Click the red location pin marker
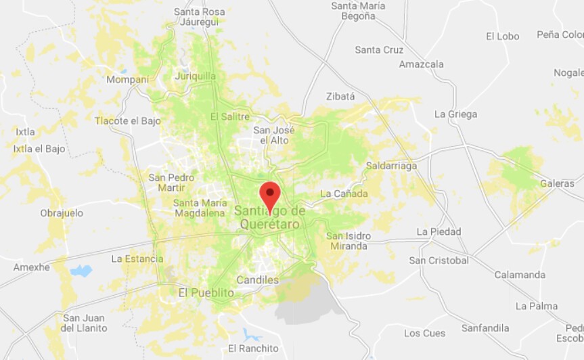(x=270, y=194)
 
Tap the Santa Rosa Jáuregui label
(x=199, y=17)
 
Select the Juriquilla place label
(x=196, y=76)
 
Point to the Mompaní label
(x=127, y=80)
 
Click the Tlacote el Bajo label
(x=128, y=121)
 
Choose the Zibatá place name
(x=340, y=96)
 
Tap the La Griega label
(x=455, y=114)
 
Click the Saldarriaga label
(x=391, y=166)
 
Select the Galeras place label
(x=557, y=183)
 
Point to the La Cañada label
(x=344, y=194)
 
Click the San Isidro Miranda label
(x=349, y=241)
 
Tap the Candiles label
(x=257, y=280)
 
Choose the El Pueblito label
(x=206, y=293)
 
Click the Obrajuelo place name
(x=62, y=213)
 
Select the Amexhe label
(x=32, y=267)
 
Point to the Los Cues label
(x=425, y=333)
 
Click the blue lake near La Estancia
(x=81, y=271)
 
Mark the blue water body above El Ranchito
(x=252, y=334)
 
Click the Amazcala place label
(x=422, y=64)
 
